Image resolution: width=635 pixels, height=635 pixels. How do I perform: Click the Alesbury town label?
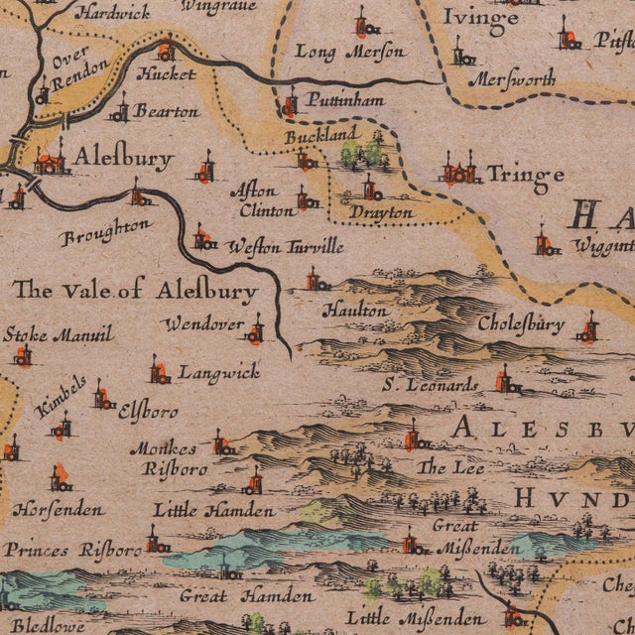tap(124, 158)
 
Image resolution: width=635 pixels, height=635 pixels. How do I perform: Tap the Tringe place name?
tap(525, 176)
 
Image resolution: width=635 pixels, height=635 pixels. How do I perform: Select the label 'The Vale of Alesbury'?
tap(135, 291)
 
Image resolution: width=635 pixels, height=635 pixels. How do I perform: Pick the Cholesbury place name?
tap(521, 323)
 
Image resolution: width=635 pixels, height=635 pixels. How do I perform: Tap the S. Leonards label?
tap(433, 385)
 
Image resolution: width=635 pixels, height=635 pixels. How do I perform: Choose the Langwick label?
tap(219, 372)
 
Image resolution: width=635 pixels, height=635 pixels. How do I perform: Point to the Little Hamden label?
tap(213, 510)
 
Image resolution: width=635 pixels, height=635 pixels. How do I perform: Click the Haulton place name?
tap(355, 311)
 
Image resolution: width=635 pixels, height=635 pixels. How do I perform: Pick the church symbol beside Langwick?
tap(159, 372)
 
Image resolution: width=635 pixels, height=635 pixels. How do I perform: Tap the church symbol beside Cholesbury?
tap(589, 328)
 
